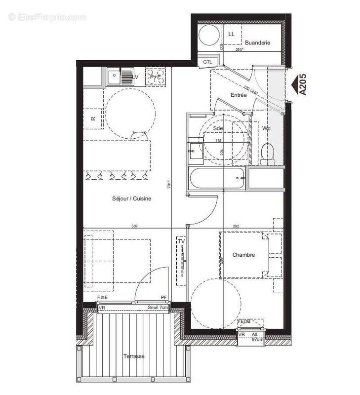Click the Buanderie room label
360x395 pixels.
tap(257, 43)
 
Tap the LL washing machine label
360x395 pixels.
tap(232, 34)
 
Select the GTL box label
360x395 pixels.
tap(208, 62)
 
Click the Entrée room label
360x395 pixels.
tap(239, 95)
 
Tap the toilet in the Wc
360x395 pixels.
tap(268, 154)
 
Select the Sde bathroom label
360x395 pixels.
tap(218, 128)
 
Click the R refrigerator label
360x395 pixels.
tap(92, 118)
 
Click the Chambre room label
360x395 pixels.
tap(244, 255)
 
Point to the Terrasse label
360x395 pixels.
tap(133, 356)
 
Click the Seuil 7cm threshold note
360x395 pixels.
tap(159, 308)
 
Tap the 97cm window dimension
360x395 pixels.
tap(257, 340)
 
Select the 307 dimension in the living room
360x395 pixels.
tap(134, 226)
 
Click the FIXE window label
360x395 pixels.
tap(102, 298)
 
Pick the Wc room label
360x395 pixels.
tap(266, 128)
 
